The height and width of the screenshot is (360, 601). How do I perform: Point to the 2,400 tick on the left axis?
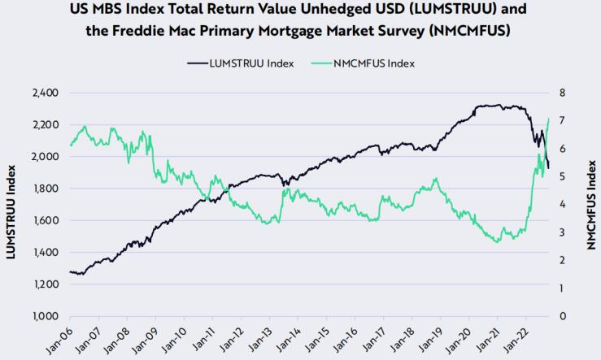point(45,93)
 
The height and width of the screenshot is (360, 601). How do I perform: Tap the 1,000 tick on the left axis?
point(45,316)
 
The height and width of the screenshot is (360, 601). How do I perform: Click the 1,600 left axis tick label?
point(45,220)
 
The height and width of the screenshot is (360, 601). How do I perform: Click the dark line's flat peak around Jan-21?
point(488,106)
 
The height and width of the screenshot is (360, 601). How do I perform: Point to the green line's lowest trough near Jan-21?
point(497,241)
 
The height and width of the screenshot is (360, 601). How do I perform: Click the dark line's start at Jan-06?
point(71,272)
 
